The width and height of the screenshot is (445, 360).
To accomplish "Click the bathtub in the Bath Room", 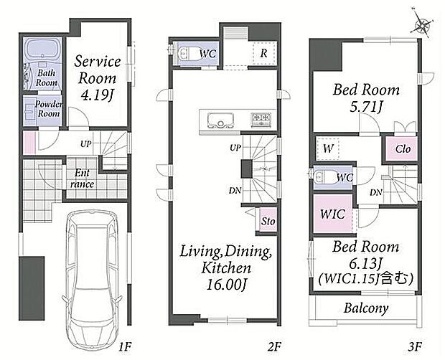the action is pos(43,49).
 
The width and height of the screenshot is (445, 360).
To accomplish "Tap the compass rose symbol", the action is pos(422,24).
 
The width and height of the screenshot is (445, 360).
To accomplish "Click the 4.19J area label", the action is pos(97,96).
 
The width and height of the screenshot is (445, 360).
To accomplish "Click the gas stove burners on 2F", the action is pos(261,119).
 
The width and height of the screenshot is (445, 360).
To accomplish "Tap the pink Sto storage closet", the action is pos(268,219).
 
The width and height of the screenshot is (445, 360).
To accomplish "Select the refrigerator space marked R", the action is pos(263,53).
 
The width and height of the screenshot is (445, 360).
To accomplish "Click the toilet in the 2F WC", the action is pos(186,53).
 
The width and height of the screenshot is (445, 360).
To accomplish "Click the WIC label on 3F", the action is pos(332,214).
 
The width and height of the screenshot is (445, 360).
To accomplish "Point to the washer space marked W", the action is pos(328,148).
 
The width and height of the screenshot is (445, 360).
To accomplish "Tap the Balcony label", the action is pos(366,308).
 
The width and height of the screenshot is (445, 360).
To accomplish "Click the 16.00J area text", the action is pos(225,285).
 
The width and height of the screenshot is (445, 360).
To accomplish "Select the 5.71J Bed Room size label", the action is pos(366,107).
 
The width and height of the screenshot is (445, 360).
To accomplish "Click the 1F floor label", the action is pos(125,346).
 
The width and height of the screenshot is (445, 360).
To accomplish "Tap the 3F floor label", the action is pos(415,346).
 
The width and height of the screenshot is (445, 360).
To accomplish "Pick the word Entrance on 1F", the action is pos(82,179).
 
